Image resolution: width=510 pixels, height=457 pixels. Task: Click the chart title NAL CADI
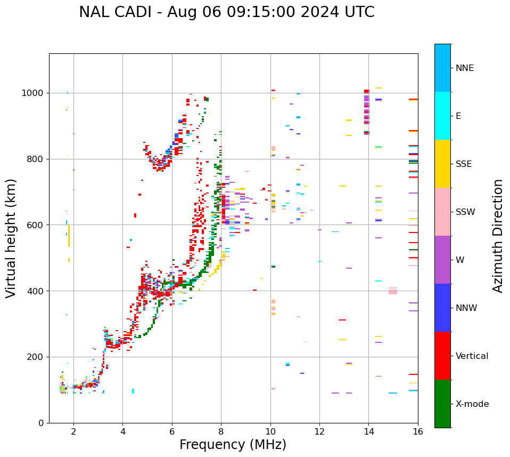[x=226, y=12]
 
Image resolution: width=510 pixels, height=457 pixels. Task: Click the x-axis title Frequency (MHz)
[x=233, y=445]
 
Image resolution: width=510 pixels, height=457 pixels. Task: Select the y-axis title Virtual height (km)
[x=11, y=238]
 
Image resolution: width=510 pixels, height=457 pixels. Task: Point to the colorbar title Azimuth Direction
[x=498, y=236]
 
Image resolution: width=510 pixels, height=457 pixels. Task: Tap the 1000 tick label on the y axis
[x=32, y=93]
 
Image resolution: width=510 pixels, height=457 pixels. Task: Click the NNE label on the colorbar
[x=465, y=68]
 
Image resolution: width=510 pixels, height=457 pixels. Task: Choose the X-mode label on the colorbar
[x=472, y=404]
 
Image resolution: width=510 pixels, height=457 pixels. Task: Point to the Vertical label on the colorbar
[x=472, y=356]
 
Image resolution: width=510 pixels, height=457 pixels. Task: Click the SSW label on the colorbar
[x=465, y=212]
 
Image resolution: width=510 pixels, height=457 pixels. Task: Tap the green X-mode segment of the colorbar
[x=442, y=404]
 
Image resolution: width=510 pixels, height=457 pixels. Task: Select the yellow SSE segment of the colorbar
[x=442, y=164]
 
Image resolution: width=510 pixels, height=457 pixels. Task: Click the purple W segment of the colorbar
[x=442, y=260]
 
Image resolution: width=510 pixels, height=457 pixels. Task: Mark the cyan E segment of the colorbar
[x=442, y=116]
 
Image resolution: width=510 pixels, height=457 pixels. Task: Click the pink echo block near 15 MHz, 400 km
[x=393, y=291]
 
